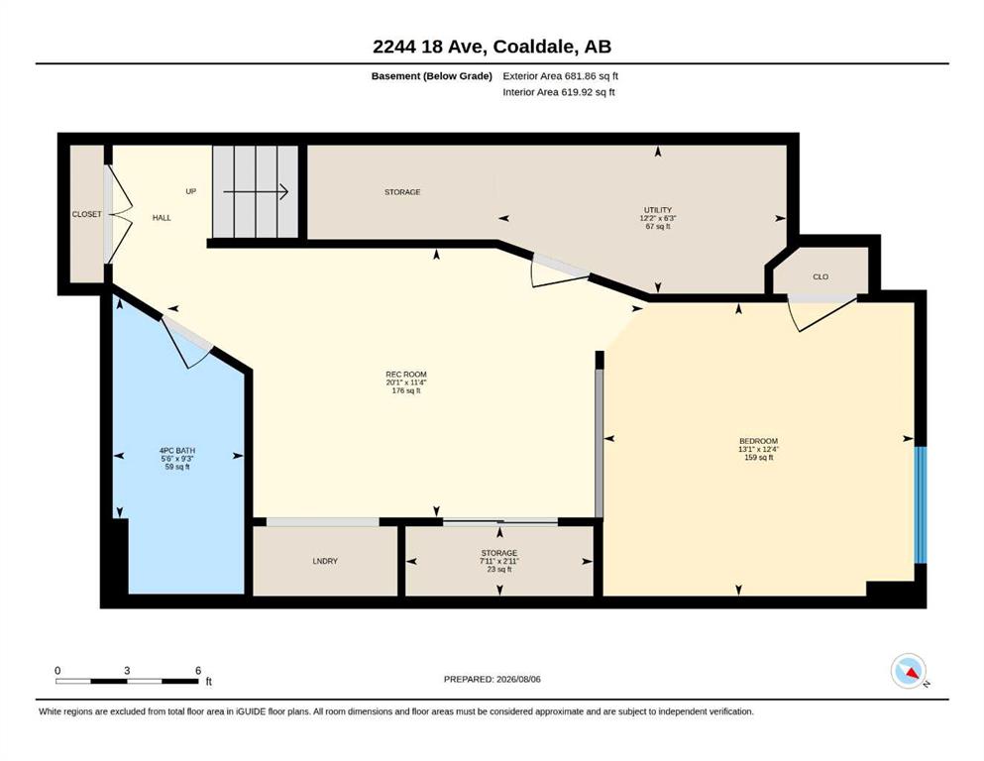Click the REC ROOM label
click(x=406, y=375)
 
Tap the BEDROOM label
click(x=758, y=441)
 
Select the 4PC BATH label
click(x=177, y=451)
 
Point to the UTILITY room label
click(x=658, y=210)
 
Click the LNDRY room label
click(x=325, y=561)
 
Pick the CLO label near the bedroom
click(x=820, y=276)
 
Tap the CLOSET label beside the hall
click(x=86, y=215)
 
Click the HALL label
click(x=162, y=218)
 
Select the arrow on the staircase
click(x=256, y=192)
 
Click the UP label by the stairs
click(x=191, y=191)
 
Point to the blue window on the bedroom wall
click(x=920, y=505)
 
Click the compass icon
click(x=909, y=671)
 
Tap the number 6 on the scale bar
click(x=198, y=671)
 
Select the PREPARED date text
click(x=492, y=679)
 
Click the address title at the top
click(x=492, y=47)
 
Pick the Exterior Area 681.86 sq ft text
click(x=561, y=76)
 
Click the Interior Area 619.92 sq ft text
click(x=559, y=92)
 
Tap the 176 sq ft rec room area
click(x=406, y=390)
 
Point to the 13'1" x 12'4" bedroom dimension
click(x=758, y=449)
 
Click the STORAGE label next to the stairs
click(x=402, y=192)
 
